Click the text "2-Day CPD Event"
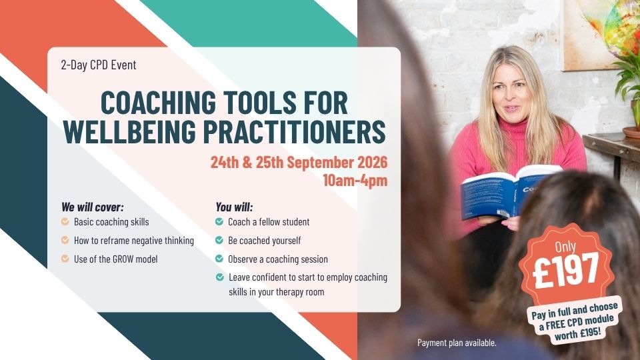tap(99, 65)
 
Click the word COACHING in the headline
tap(159, 103)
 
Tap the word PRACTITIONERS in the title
tap(294, 132)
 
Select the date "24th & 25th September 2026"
tap(299, 163)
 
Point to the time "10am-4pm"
tap(355, 181)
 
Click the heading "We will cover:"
tap(92, 207)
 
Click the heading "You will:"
tap(234, 207)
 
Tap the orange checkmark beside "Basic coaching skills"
tap(65, 221)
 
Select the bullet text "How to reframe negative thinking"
tap(134, 241)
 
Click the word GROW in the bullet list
tap(125, 259)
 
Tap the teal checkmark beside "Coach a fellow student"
tap(219, 221)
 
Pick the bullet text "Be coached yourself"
tap(265, 241)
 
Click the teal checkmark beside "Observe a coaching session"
tap(219, 259)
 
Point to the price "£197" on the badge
tap(566, 269)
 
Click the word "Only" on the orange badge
tap(565, 247)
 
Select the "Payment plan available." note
tap(457, 343)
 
